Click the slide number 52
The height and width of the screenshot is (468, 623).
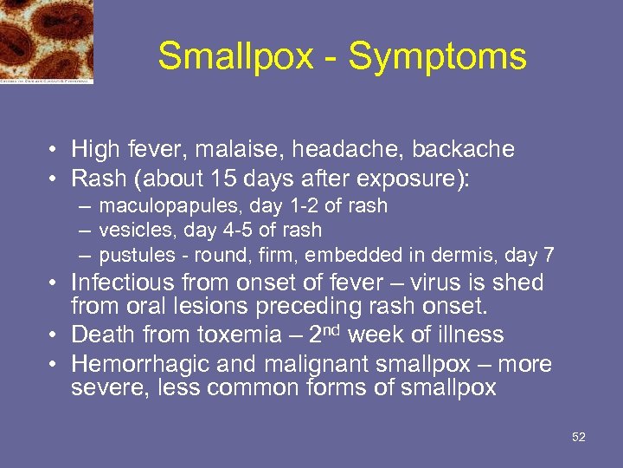579,437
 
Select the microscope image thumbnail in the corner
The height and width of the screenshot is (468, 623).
47,41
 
